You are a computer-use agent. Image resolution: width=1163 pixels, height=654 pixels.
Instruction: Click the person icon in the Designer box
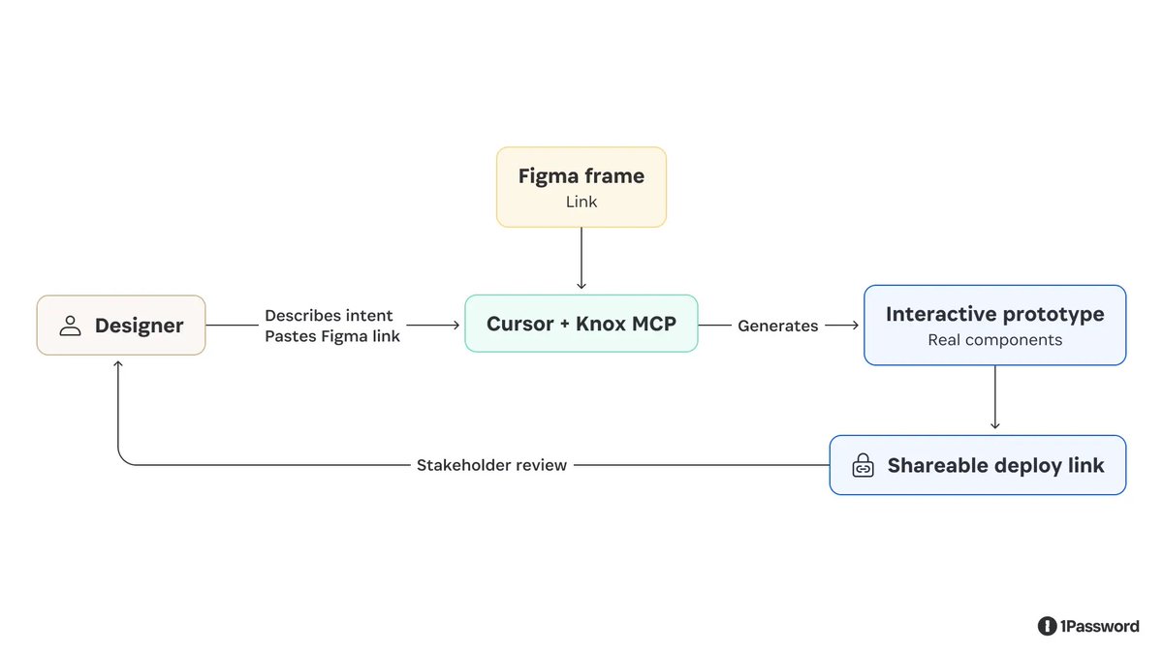[x=70, y=326]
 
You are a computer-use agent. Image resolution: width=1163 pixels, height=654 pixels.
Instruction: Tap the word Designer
[x=140, y=326]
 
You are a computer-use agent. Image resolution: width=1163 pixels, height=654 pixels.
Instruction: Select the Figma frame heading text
[x=581, y=176]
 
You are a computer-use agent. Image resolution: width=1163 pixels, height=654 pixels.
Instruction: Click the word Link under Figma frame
[x=581, y=202]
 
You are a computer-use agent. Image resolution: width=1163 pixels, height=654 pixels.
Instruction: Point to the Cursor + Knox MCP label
[x=581, y=324]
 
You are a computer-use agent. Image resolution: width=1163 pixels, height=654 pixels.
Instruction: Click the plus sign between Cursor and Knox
[x=565, y=325]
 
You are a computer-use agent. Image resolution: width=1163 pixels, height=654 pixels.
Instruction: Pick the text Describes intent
[x=329, y=316]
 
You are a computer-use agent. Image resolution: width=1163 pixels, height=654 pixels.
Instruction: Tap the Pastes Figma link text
[x=332, y=336]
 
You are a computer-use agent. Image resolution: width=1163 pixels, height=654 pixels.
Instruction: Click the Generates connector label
[x=777, y=326]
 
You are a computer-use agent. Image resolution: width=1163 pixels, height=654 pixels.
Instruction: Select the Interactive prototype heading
[x=994, y=315]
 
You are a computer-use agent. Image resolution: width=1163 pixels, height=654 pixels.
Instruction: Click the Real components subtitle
[x=994, y=340]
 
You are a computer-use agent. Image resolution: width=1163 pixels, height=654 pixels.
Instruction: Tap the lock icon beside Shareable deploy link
[x=863, y=465]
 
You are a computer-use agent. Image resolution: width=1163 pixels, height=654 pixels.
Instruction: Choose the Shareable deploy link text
[x=996, y=466]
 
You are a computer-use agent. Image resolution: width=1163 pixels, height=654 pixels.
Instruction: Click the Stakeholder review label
[x=491, y=465]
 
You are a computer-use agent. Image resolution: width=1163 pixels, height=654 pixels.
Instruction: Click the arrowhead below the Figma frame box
[x=581, y=286]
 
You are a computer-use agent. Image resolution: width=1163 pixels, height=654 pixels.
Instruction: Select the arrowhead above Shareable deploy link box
[x=994, y=425]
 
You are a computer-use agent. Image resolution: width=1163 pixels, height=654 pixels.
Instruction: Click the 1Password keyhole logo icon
[x=1047, y=626]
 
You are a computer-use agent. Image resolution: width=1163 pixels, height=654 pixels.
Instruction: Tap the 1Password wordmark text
[x=1100, y=627]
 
